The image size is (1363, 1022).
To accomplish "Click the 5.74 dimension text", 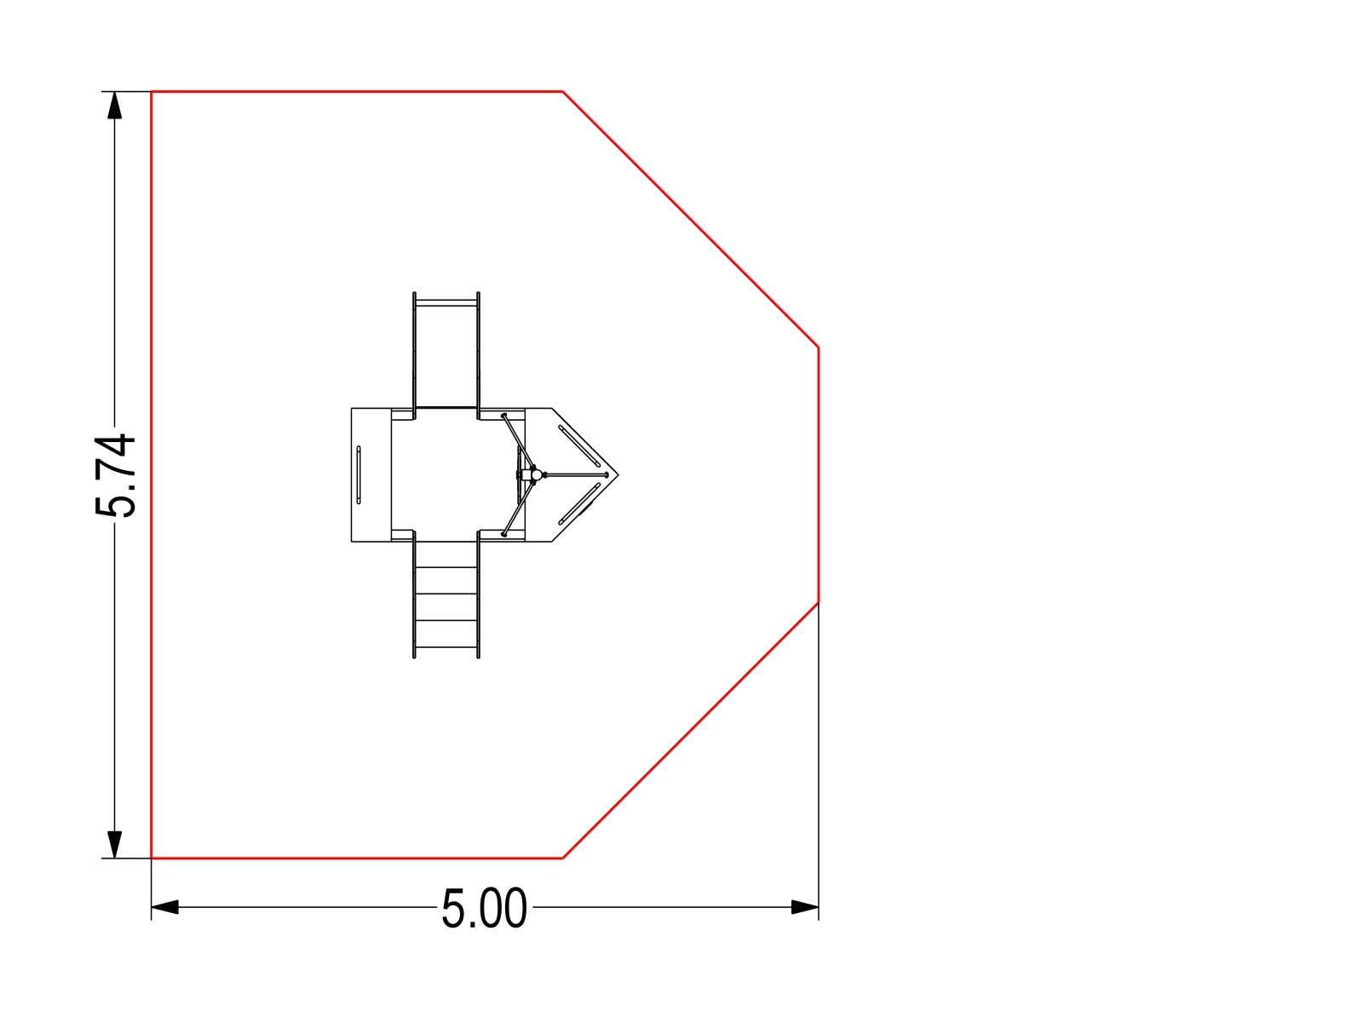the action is tap(115, 475).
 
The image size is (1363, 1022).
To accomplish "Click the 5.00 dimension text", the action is tap(485, 909).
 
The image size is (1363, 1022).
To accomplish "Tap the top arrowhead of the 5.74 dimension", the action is tap(114, 105).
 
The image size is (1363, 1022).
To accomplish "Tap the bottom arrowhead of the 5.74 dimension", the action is tap(114, 845).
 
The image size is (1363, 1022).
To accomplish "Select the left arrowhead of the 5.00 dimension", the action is tap(165, 907).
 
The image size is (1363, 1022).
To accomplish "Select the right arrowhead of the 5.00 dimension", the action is tap(805, 907).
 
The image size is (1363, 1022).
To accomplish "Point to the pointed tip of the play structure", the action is tap(618, 475).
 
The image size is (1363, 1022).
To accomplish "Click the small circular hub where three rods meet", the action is tap(537, 474).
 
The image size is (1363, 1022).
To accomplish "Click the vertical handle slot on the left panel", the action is tap(359, 474).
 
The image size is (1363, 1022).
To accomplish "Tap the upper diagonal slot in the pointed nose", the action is tap(579, 446).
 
